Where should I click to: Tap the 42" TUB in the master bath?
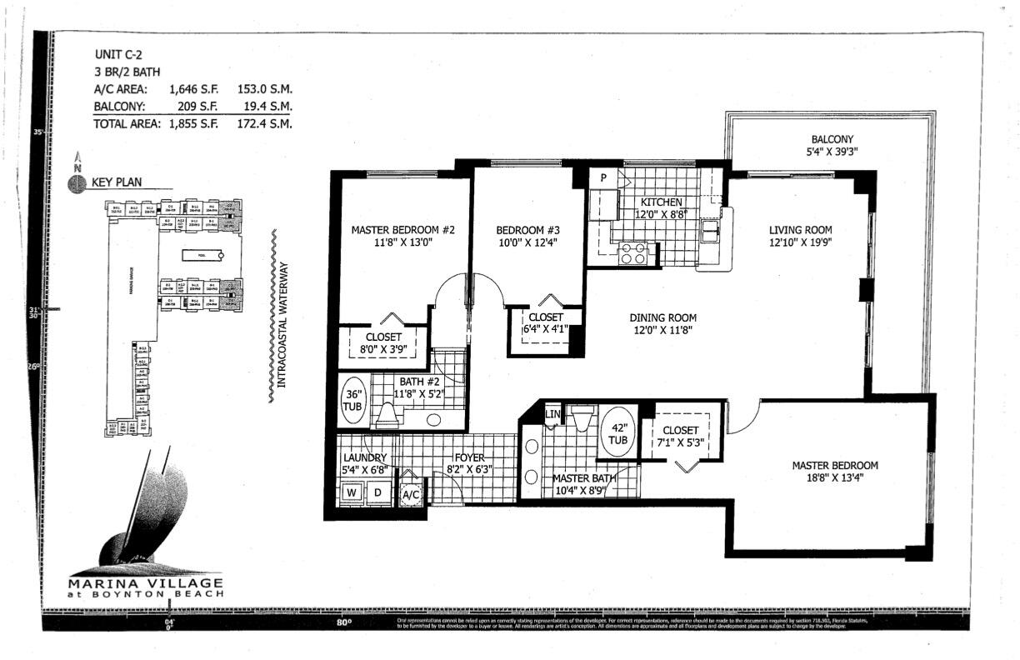pyautogui.click(x=618, y=432)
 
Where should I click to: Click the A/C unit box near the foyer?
pyautogui.click(x=410, y=493)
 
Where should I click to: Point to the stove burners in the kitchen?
pyautogui.click(x=633, y=253)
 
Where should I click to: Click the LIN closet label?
pyautogui.click(x=552, y=414)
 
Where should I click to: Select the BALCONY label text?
pyautogui.click(x=832, y=139)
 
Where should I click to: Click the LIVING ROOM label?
pyautogui.click(x=800, y=230)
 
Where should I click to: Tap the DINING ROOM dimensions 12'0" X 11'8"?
pyautogui.click(x=662, y=331)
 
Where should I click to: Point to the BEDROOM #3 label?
pyautogui.click(x=527, y=230)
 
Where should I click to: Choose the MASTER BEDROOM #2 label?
pyautogui.click(x=402, y=230)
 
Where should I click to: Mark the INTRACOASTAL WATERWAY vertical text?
pyautogui.click(x=282, y=325)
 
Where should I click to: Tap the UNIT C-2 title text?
pyautogui.click(x=112, y=54)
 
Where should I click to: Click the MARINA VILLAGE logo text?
pyautogui.click(x=145, y=582)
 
